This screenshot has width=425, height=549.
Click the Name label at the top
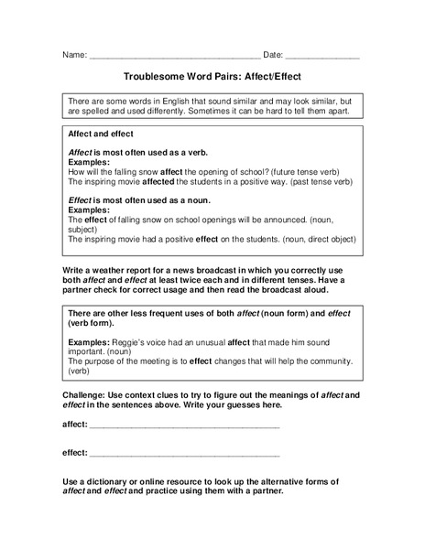74,55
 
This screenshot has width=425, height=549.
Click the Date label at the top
273,55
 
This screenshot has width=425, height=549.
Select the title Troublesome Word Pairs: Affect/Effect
212,79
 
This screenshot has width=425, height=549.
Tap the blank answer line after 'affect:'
184,426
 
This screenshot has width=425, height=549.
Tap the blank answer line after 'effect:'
184,454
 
